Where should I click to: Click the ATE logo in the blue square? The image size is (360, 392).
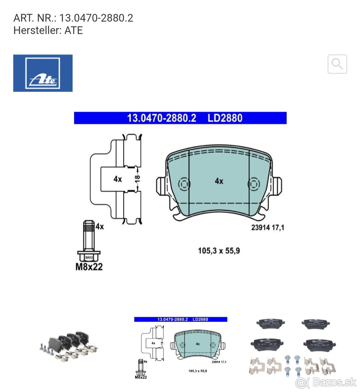43,73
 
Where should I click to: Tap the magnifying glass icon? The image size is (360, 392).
337,64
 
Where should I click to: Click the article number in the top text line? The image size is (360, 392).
96,18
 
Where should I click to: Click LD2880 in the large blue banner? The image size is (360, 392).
225,118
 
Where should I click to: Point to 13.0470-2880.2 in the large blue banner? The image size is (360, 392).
162,118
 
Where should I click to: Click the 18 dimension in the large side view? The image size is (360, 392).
138,178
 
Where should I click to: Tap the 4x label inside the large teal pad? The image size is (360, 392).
219,181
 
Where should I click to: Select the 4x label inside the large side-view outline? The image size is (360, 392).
118,179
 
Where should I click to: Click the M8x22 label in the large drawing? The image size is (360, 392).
89,267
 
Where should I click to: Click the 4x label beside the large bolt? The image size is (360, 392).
100,226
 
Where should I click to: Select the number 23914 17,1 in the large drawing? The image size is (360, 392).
267,227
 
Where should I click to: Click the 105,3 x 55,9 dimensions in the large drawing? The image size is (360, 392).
219,251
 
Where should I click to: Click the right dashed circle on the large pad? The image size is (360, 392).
254,184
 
